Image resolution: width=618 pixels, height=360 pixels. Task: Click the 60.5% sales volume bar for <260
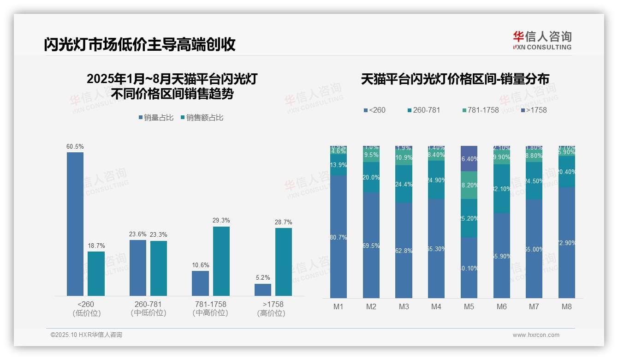(x=75, y=224)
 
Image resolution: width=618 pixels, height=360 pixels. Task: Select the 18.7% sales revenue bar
(x=96, y=273)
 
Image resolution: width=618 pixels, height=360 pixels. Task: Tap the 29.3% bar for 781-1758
(x=221, y=261)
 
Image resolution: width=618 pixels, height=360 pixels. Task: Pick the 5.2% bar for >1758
(x=262, y=289)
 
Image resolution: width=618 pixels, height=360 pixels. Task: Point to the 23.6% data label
(x=137, y=234)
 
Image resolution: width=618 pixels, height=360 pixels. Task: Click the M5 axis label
(x=469, y=306)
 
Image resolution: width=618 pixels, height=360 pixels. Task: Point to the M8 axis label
(x=566, y=306)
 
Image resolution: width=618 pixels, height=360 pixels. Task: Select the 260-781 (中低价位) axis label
(x=148, y=308)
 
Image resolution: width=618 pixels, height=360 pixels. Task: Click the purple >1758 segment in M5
(x=469, y=158)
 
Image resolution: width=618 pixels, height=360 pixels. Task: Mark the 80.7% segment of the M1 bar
(x=339, y=236)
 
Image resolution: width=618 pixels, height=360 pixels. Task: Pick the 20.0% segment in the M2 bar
(x=371, y=177)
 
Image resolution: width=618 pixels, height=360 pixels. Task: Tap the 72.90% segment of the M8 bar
(x=566, y=242)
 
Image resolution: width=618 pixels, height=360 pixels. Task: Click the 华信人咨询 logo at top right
(x=542, y=40)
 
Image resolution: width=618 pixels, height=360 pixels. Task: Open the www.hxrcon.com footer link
(x=535, y=335)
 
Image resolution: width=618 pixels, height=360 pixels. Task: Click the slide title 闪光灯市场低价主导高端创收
(x=140, y=44)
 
